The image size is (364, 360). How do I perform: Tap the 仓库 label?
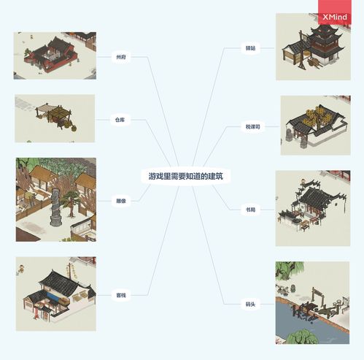(x=120, y=119)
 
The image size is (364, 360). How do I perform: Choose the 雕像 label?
(x=120, y=201)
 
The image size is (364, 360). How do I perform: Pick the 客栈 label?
(x=120, y=296)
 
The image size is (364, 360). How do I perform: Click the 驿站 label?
(x=252, y=48)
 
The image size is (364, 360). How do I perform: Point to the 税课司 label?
(x=252, y=126)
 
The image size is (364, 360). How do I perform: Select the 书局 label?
(x=252, y=209)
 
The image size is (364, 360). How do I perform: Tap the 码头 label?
(x=251, y=303)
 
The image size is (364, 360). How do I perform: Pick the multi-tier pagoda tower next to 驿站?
(x=325, y=40)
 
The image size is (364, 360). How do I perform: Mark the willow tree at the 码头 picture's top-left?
(x=287, y=271)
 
